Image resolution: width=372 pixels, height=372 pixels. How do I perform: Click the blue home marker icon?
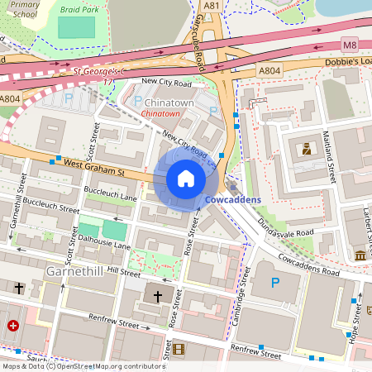click(186, 179)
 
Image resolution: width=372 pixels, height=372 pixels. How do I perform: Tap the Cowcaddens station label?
click(232, 200)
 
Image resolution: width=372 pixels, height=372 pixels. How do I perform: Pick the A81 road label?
click(212, 5)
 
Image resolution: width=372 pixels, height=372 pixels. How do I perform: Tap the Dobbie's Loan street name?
click(348, 62)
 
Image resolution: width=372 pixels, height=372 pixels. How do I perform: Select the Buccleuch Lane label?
click(111, 196)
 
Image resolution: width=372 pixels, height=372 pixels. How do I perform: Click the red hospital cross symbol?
click(12, 326)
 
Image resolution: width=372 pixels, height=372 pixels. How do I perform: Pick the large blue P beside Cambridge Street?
click(274, 284)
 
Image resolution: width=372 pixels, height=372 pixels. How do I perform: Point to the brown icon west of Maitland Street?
click(307, 149)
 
